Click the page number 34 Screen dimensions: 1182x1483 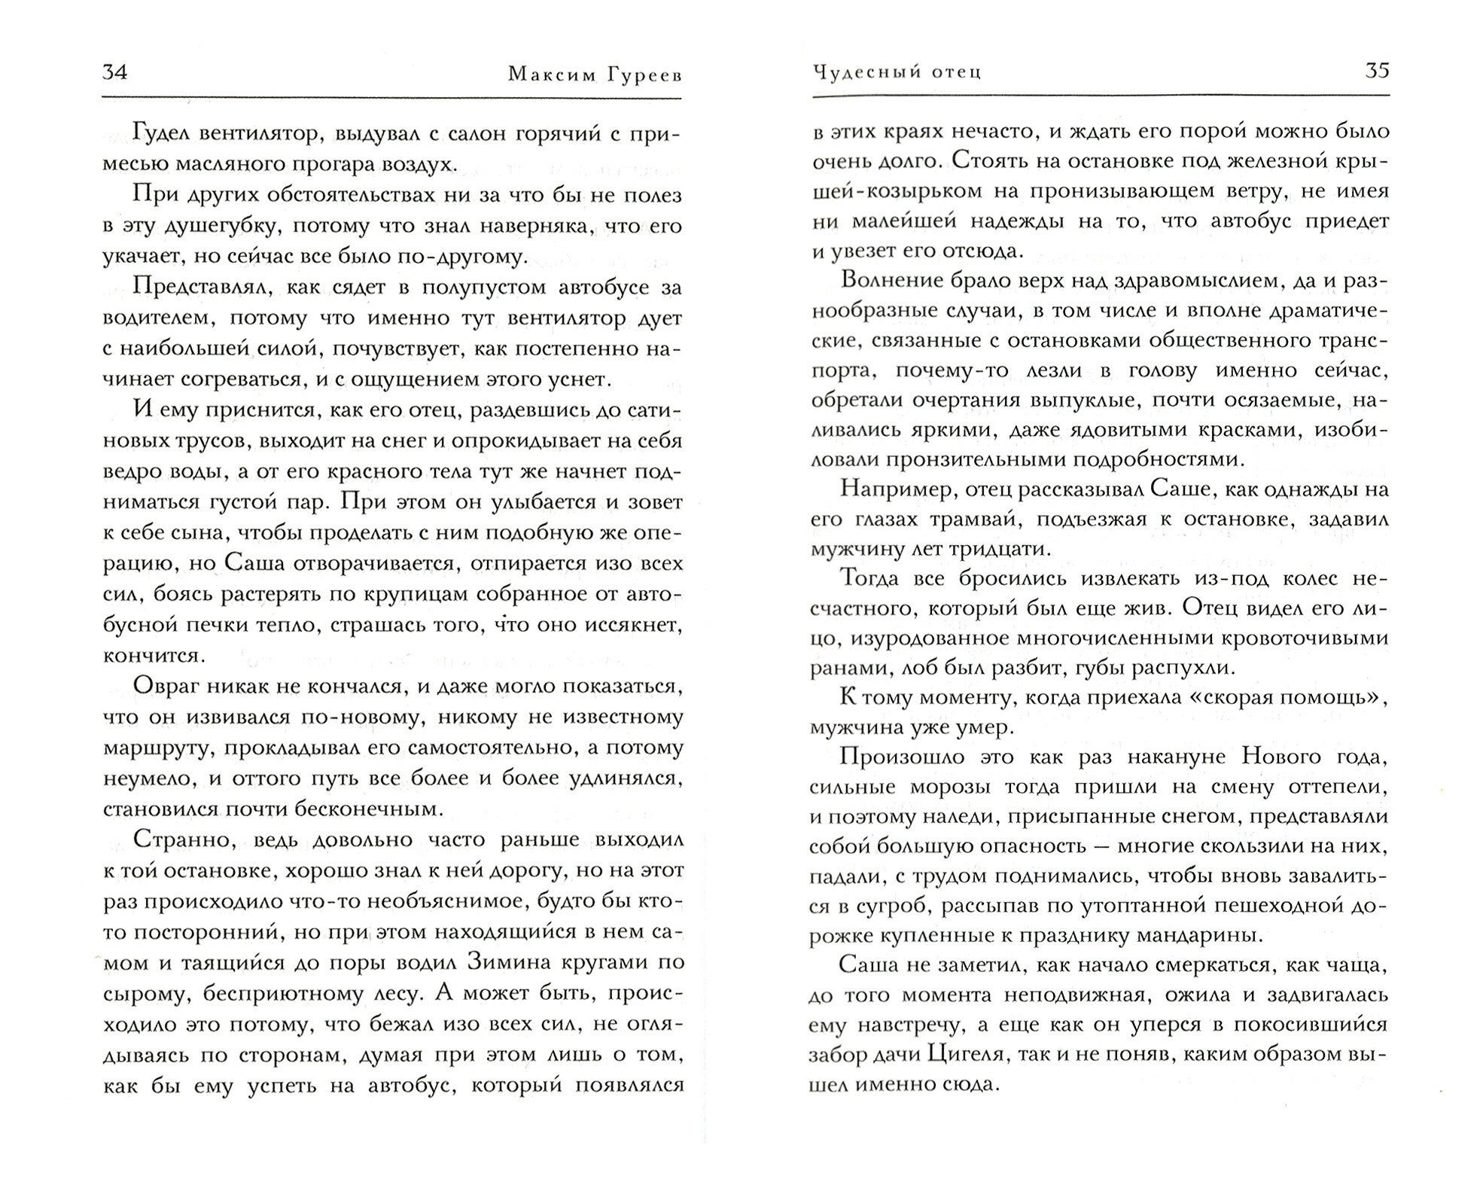(x=114, y=72)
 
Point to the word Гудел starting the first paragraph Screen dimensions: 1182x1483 (x=161, y=133)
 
